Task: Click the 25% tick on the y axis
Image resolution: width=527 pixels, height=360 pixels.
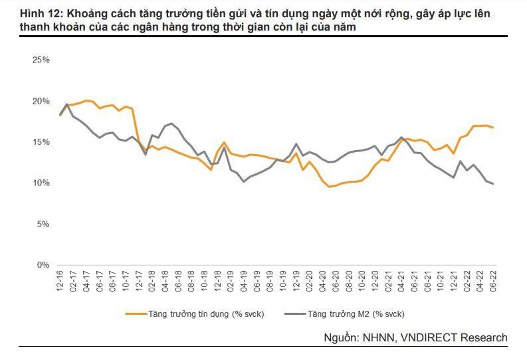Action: [x=41, y=60]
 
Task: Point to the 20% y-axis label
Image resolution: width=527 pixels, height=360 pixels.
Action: [x=41, y=101]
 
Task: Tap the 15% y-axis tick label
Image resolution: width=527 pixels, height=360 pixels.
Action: [x=41, y=142]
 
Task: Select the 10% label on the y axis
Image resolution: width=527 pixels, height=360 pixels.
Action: [x=41, y=183]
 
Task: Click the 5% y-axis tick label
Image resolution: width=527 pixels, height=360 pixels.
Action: [x=43, y=225]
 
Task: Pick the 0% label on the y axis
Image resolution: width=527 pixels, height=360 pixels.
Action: [x=43, y=265]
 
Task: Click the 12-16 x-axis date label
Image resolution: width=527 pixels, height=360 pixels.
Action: [x=60, y=280]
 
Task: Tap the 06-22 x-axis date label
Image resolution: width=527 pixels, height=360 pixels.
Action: [x=492, y=280]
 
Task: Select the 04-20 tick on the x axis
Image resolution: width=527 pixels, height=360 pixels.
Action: [x=322, y=280]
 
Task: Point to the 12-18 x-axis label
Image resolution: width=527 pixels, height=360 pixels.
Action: [x=217, y=280]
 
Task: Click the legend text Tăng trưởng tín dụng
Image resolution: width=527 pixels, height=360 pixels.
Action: [x=206, y=314]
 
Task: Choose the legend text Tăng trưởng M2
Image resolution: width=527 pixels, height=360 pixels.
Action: [x=356, y=314]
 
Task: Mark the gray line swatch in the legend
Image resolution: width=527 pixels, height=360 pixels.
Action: [x=294, y=314]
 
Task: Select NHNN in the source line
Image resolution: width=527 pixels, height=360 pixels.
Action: [x=379, y=337]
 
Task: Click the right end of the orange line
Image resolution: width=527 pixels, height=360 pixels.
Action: [x=492, y=128]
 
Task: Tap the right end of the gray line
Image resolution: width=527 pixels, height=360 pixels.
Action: [x=492, y=184]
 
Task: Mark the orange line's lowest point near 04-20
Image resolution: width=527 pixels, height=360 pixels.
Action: [x=329, y=187]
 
